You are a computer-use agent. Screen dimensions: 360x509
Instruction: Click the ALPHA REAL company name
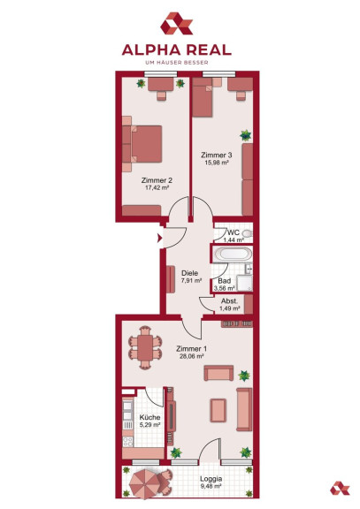pyautogui.click(x=176, y=50)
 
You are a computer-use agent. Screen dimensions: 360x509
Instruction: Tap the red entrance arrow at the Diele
pyautogui.click(x=159, y=239)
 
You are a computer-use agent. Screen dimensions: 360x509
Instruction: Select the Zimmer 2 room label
pyautogui.click(x=157, y=180)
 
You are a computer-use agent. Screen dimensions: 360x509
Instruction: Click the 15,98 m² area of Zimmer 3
pyautogui.click(x=217, y=163)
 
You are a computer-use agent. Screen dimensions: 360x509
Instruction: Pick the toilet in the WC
pyautogui.click(x=248, y=233)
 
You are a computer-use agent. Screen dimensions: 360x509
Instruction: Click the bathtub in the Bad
pyautogui.click(x=233, y=254)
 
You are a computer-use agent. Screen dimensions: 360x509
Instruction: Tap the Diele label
pyautogui.click(x=190, y=273)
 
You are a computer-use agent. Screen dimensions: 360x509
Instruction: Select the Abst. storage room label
pyautogui.click(x=229, y=301)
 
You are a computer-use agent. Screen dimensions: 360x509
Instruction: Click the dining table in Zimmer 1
pyautogui.click(x=145, y=347)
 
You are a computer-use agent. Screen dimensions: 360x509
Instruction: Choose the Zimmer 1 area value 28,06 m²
pyautogui.click(x=192, y=356)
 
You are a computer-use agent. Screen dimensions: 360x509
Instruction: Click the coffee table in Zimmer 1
pyautogui.click(x=218, y=410)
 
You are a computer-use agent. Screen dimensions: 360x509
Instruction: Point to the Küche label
pyautogui.click(x=149, y=417)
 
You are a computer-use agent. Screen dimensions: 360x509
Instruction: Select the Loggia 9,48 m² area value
pyautogui.click(x=211, y=486)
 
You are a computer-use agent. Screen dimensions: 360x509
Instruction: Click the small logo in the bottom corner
pyautogui.click(x=340, y=488)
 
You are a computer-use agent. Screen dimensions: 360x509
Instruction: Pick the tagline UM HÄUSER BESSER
pyautogui.click(x=176, y=63)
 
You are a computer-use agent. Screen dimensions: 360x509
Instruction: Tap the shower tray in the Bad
pyautogui.click(x=244, y=284)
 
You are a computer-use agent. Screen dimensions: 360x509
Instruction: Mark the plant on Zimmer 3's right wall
pyautogui.click(x=246, y=135)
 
